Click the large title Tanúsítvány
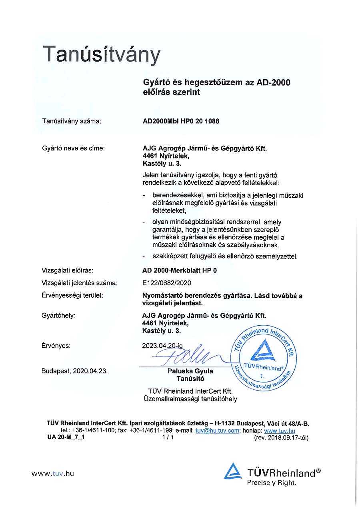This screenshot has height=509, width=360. click(102, 55)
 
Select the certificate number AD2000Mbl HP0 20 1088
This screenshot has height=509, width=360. click(181, 121)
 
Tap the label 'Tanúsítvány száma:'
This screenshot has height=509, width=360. click(72, 121)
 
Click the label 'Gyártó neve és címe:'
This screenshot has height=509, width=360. click(73, 148)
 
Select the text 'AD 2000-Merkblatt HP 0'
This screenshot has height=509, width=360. click(180, 271)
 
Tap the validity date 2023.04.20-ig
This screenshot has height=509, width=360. click(162, 345)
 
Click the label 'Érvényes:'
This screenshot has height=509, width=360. click(56, 345)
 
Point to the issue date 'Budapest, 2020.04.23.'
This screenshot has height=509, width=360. click(74, 371)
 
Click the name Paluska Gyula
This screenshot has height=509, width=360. click(190, 371)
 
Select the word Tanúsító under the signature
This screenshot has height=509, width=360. click(190, 379)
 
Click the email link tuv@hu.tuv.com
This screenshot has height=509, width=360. click(217, 431)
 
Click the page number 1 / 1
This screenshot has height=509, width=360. click(168, 437)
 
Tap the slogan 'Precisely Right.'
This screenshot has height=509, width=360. click(272, 483)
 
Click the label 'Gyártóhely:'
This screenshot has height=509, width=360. click(58, 316)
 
